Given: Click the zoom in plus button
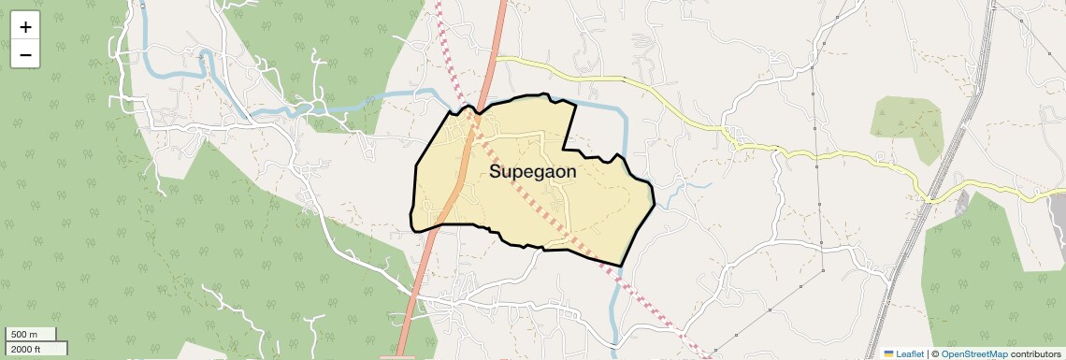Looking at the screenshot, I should tap(25, 27).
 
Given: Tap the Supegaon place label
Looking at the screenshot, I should tap(532, 172).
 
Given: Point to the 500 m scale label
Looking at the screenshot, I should tap(24, 335).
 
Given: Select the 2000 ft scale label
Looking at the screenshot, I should tap(26, 349).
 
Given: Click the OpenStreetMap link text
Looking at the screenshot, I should tap(974, 353).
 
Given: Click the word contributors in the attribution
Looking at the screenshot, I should tap(1035, 353).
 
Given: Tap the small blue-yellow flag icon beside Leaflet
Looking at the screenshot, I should tap(888, 353).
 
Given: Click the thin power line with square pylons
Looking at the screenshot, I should tap(817, 168).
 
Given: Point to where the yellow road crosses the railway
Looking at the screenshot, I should tap(935, 199).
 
